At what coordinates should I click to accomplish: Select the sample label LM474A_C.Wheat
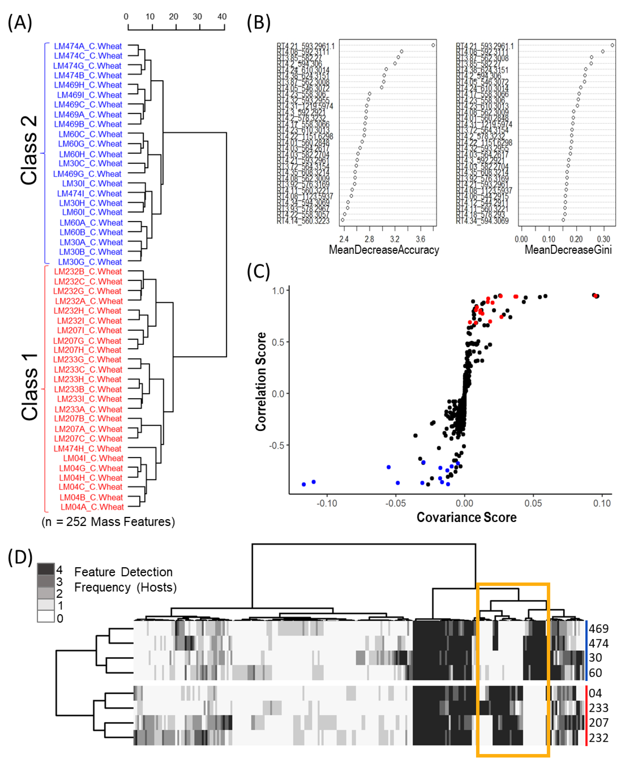coord(88,46)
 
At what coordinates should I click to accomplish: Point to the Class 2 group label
coord(29,150)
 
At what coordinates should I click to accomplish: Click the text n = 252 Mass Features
coord(108,521)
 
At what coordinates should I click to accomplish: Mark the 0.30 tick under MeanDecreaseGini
coord(603,239)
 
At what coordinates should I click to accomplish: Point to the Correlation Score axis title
coord(261,382)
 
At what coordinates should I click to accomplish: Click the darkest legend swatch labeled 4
coord(46,569)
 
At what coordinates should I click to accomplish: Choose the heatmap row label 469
coord(598,628)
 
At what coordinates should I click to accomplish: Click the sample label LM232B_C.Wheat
coord(88,271)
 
